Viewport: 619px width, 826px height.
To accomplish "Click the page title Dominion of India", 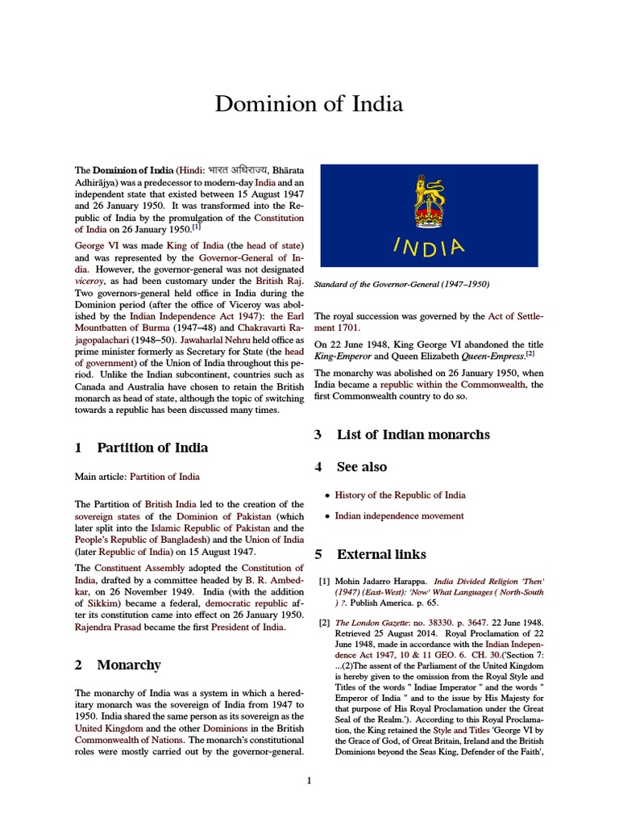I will (x=309, y=104).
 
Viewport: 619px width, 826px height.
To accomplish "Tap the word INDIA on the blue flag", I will (x=430, y=245).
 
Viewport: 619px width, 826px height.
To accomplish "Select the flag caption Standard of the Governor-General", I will (x=401, y=284).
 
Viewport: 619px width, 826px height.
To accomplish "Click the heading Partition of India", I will (x=152, y=448).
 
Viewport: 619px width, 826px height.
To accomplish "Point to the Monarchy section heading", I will (x=128, y=665).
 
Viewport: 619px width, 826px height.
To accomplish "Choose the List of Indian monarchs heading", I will (x=413, y=434).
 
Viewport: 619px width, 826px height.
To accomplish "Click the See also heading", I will (x=361, y=466).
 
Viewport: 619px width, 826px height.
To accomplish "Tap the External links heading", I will (x=381, y=554).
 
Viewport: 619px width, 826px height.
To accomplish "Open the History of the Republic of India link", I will (x=400, y=495).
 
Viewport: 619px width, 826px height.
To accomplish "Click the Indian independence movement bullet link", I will (x=399, y=516).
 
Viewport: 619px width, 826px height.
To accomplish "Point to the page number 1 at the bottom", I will (x=309, y=780).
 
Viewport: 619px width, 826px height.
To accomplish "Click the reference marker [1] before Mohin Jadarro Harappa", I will (x=324, y=581).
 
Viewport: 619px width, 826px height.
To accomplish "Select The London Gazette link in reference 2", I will (x=374, y=623).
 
